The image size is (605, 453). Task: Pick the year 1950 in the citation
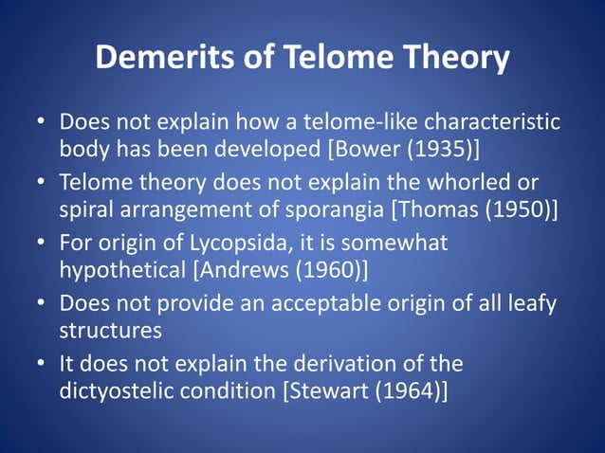[x=518, y=209]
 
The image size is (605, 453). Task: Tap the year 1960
[x=328, y=271]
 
